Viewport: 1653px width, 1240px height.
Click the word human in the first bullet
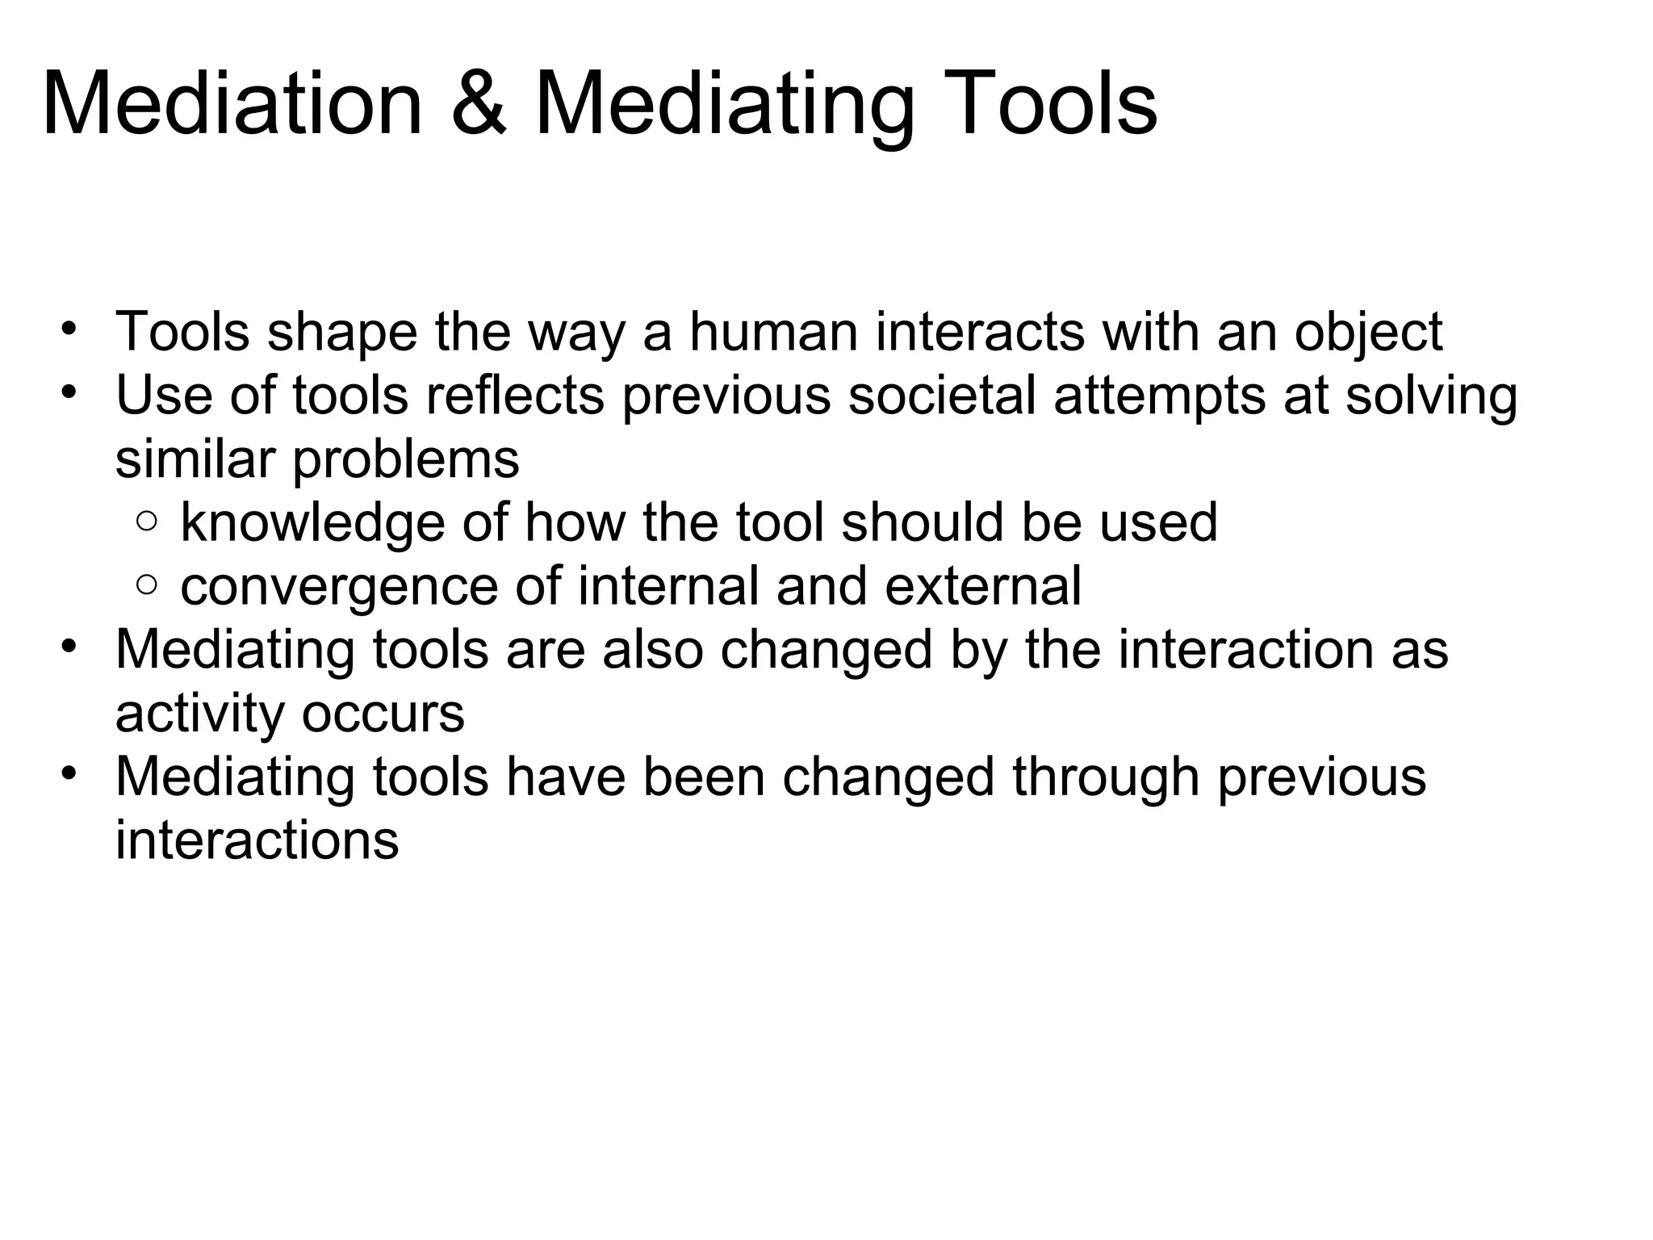click(773, 332)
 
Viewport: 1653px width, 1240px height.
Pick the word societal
click(942, 396)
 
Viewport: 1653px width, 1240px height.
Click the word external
click(982, 586)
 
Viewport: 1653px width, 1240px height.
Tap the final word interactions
click(257, 840)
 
